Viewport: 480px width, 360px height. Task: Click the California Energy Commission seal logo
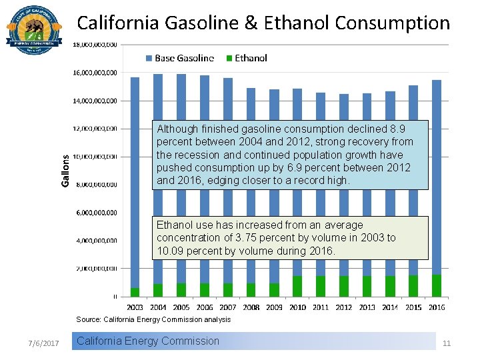(33, 30)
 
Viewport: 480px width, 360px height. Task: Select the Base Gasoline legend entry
(179, 58)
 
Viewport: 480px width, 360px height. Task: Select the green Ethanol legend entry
(246, 58)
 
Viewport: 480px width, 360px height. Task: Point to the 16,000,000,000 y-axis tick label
(95, 72)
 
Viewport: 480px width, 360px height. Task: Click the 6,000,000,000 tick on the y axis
(95, 213)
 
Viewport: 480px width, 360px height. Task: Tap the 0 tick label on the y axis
(115, 297)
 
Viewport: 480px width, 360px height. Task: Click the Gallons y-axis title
(65, 171)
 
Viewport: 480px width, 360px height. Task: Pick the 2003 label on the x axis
(135, 307)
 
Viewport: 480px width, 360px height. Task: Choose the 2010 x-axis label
(297, 307)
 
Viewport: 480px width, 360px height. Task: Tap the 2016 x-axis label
(437, 307)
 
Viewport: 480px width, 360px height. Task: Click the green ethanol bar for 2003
(135, 292)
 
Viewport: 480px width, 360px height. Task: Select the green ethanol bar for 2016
(437, 285)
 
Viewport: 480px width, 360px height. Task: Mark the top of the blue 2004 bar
(158, 75)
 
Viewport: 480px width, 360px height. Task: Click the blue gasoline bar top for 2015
(413, 87)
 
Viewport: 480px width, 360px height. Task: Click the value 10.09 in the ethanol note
(170, 251)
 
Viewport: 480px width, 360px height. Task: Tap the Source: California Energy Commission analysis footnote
(153, 319)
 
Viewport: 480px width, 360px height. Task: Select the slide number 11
(447, 343)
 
